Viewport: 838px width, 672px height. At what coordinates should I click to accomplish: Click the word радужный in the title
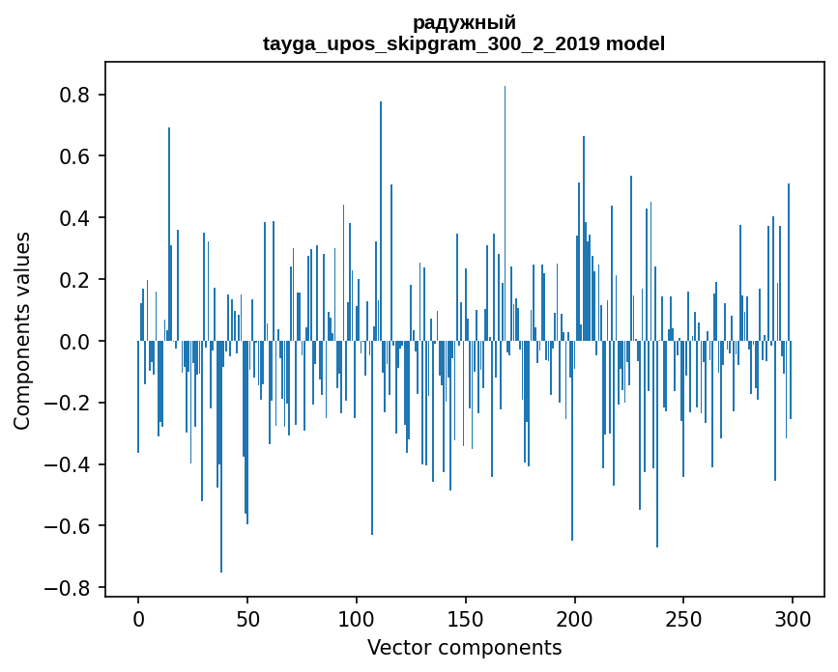coord(464,22)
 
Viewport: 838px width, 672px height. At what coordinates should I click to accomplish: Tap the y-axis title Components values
coord(22,330)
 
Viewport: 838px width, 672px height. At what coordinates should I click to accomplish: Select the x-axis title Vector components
coord(464,647)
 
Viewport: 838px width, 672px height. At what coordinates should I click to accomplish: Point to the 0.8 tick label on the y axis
coord(75,95)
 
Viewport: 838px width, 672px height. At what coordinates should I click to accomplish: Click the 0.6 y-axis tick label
coord(75,156)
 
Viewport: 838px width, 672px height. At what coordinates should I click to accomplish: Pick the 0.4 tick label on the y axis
coord(75,218)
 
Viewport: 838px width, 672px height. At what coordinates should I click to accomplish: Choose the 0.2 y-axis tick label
coord(75,280)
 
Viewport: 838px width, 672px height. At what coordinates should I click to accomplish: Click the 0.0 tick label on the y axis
coord(75,342)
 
